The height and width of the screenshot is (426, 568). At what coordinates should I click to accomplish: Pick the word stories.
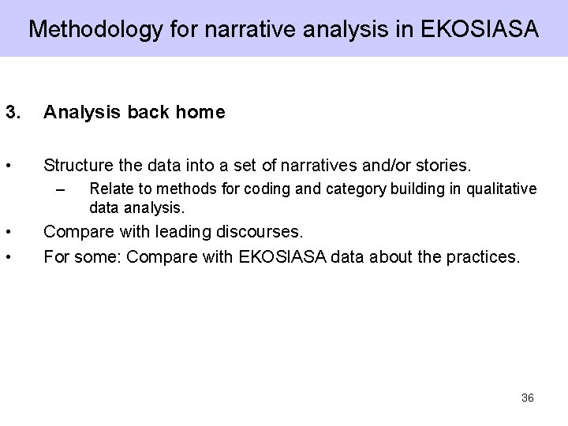pos(442,166)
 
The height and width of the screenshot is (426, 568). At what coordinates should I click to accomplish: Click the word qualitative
pos(500,189)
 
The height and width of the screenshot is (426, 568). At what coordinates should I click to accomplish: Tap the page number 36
pos(528,398)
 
